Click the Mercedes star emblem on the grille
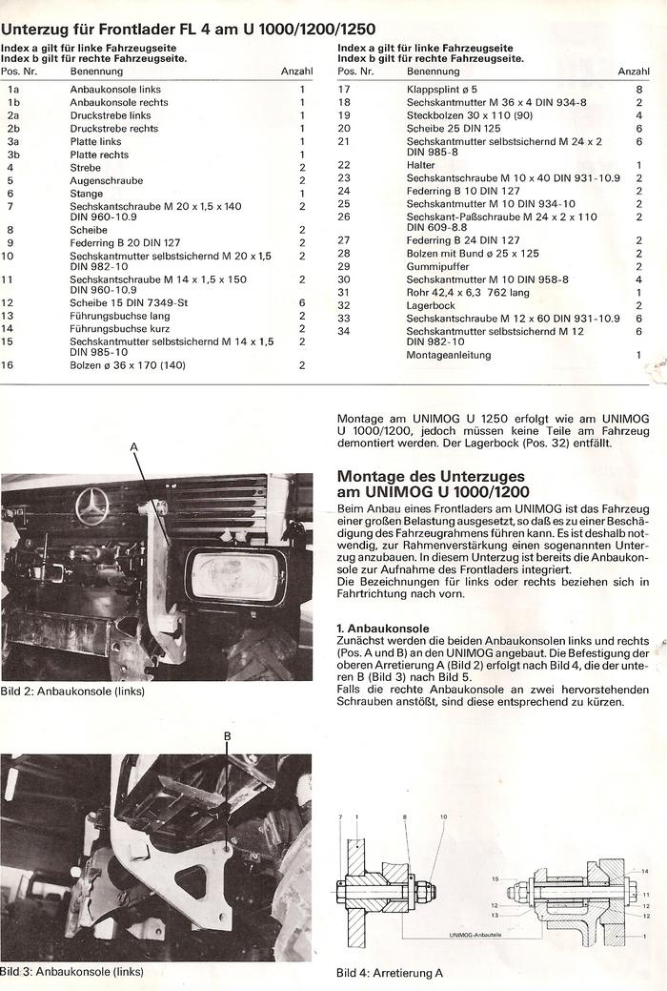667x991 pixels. pyautogui.click(x=92, y=506)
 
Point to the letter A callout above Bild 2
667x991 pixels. pyautogui.click(x=133, y=446)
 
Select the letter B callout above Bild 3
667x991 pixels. pyautogui.click(x=227, y=735)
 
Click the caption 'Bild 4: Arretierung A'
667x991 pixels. pyautogui.click(x=390, y=973)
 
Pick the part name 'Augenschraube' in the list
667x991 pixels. pyautogui.click(x=106, y=180)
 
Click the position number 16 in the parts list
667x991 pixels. pyautogui.click(x=8, y=364)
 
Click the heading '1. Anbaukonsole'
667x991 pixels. pyautogui.click(x=382, y=629)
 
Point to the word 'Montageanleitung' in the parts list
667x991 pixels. pyautogui.click(x=449, y=355)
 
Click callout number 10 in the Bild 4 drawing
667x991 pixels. pyautogui.click(x=443, y=818)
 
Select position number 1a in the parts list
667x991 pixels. pyautogui.click(x=13, y=89)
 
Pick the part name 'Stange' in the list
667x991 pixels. pyautogui.click(x=87, y=194)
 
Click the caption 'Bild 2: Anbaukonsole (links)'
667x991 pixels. pyautogui.click(x=72, y=691)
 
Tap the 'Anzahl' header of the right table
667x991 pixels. pyautogui.click(x=634, y=72)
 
